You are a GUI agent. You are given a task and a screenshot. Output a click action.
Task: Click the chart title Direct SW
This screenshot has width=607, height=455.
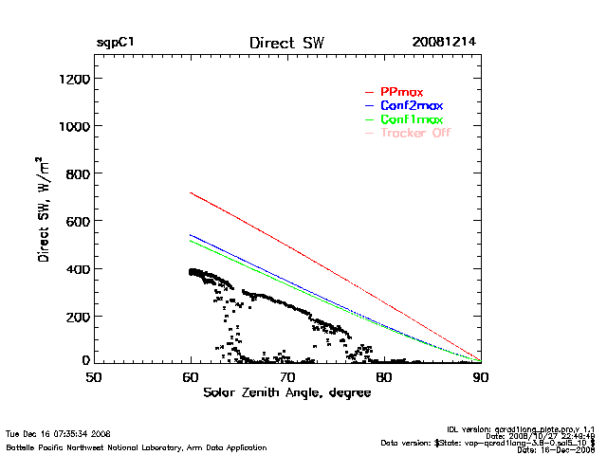pos(287,44)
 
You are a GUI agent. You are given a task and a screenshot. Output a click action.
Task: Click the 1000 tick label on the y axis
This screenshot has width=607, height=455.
pos(71,126)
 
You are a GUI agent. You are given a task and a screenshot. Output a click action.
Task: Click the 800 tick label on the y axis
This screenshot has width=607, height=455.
pos(75,173)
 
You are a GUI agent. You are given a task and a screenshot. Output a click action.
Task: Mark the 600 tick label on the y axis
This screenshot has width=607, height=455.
pos(75,221)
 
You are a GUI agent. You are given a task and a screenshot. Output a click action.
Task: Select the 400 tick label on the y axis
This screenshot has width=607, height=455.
pos(75,268)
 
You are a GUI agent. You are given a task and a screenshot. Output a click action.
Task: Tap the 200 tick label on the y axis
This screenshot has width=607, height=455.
pos(75,316)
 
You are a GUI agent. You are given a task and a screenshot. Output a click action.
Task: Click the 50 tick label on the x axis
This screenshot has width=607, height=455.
pos(94,376)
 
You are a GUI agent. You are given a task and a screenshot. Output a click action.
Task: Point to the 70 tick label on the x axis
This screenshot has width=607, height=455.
pos(287,376)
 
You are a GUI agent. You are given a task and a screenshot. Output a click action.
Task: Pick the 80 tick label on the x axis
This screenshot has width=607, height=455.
pos(384,376)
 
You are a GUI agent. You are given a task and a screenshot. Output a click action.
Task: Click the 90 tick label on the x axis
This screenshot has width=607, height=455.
pos(481,376)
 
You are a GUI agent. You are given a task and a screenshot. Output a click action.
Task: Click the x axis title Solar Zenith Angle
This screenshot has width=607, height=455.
pos(286,392)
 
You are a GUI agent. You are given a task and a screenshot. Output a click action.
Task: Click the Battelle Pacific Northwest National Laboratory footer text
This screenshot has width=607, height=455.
pos(137,446)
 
